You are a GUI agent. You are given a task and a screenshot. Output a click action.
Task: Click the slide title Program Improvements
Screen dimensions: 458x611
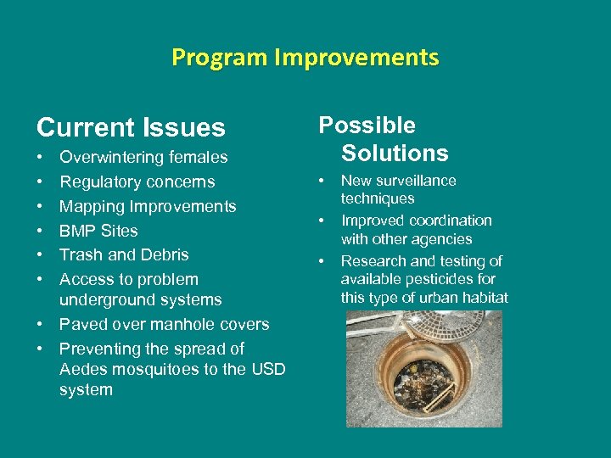pyautogui.click(x=305, y=58)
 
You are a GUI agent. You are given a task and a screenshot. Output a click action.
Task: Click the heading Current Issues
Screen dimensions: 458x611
pyautogui.click(x=131, y=128)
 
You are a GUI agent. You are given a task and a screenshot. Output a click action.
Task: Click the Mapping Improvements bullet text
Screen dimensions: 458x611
pyautogui.click(x=148, y=206)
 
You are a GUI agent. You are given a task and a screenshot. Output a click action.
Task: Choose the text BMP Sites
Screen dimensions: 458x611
pyautogui.click(x=98, y=231)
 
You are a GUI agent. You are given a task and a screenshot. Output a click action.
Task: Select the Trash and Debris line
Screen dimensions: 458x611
pyautogui.click(x=124, y=254)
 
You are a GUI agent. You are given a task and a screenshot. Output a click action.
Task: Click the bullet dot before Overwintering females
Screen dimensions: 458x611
pyautogui.click(x=41, y=158)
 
